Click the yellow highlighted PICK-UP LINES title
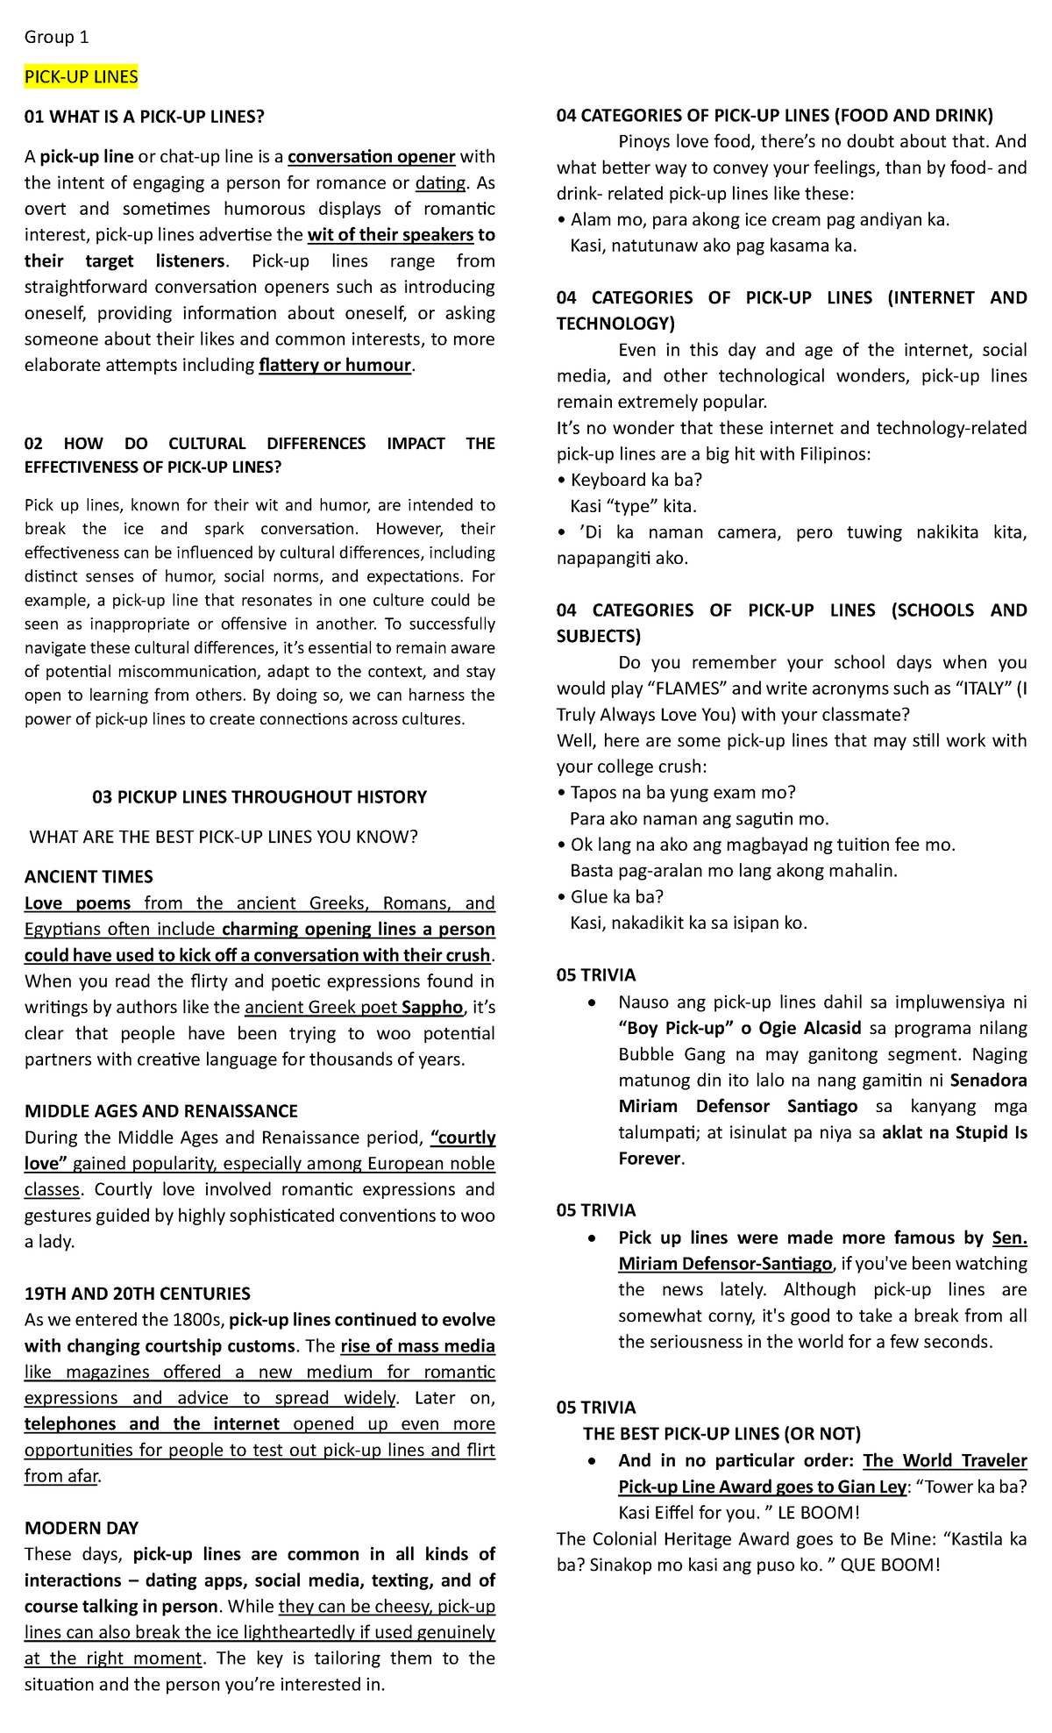81,77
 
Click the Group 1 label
56,37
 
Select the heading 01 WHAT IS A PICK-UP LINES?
144,117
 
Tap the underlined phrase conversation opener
371,157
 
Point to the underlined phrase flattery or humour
335,366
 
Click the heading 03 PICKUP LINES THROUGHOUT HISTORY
259,797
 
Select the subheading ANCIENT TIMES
89,877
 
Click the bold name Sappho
432,1008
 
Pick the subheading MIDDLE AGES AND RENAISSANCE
161,1111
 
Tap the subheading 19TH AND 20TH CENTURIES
138,1294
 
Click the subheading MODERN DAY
82,1528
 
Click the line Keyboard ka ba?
636,480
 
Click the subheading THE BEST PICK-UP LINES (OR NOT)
721,1434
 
